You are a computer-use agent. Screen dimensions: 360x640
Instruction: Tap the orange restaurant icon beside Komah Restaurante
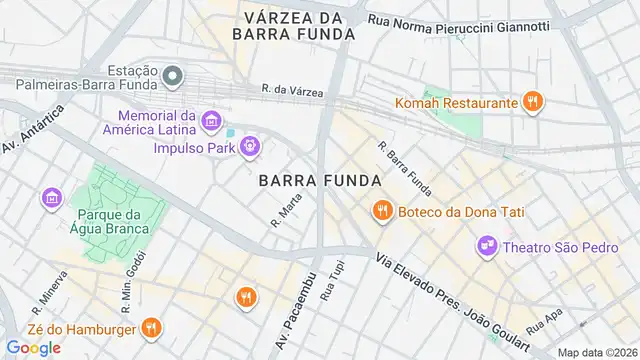534,101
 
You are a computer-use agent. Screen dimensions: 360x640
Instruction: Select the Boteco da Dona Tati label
461,211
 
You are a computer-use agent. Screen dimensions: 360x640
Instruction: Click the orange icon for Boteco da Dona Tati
381,210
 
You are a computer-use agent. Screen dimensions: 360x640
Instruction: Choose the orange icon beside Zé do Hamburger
151,326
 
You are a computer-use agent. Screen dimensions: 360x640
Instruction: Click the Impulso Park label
194,149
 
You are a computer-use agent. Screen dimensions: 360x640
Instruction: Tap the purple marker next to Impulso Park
250,148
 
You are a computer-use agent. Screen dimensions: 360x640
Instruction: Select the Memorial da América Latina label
152,123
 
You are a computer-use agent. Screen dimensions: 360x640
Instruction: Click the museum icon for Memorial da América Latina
211,122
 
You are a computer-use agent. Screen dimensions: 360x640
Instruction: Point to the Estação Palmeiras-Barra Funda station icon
173,75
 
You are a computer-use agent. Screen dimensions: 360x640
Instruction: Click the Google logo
33,347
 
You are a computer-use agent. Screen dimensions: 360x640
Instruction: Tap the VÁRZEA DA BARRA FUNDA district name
293,25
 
